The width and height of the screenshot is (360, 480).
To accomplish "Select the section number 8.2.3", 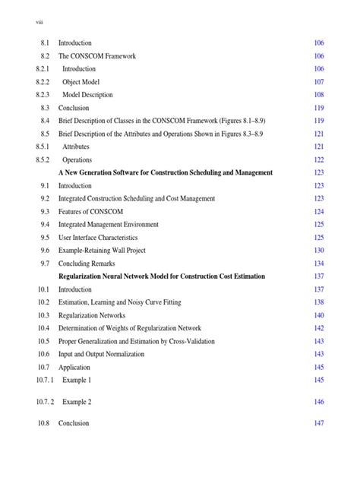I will [x=43, y=95].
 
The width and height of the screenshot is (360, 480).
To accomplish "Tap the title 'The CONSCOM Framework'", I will [x=93, y=56].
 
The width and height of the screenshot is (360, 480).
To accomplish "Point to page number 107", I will [x=319, y=82].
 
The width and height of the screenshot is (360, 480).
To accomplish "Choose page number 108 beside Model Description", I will [x=319, y=95].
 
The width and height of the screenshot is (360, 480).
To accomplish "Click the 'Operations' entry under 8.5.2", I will [x=77, y=160].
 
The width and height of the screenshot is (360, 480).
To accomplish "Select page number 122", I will [x=319, y=160].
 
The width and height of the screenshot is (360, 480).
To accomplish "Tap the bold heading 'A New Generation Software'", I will [x=166, y=173].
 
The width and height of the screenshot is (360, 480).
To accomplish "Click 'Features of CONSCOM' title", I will [x=90, y=212].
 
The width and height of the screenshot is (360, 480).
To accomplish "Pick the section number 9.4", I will [x=44, y=225].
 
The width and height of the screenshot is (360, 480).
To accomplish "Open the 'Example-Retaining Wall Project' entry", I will [x=107, y=251].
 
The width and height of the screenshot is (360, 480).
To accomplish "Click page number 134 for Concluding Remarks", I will [x=319, y=264].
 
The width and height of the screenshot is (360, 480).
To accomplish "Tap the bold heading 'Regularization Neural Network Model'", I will [x=162, y=276].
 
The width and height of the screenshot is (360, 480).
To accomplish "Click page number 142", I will [x=319, y=328].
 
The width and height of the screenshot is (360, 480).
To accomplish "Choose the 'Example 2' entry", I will [x=77, y=402].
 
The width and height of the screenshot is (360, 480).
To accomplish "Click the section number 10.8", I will [x=43, y=423].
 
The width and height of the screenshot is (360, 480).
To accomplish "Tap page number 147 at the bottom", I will [x=319, y=423].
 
